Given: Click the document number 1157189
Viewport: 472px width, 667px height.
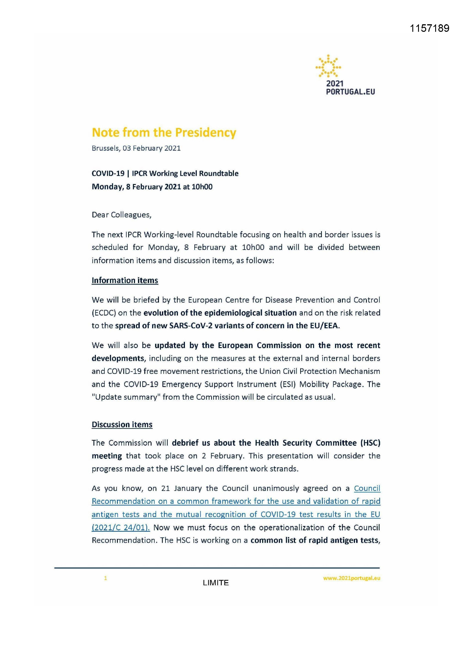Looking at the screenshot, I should tap(429, 28).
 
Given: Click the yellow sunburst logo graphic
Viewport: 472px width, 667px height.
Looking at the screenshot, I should tap(328, 66).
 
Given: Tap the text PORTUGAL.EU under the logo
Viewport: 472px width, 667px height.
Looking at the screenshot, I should tap(350, 92).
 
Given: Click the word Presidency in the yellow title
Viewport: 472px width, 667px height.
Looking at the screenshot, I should tap(205, 132).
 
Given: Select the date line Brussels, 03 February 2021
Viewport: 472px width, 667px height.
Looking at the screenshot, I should tap(136, 148).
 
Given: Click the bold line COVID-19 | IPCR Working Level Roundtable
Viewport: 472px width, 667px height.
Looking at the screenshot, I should tap(165, 173).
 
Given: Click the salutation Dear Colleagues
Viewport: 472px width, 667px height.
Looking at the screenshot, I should tap(122, 215).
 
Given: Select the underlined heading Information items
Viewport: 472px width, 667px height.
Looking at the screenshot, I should tap(125, 280).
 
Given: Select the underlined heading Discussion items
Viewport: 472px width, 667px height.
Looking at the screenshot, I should tap(122, 425).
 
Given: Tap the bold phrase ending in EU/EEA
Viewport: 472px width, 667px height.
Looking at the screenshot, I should tap(227, 326).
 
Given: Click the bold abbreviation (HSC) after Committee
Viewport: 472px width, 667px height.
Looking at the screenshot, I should tap(370, 443).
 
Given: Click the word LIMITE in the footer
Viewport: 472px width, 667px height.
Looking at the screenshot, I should tap(216, 583).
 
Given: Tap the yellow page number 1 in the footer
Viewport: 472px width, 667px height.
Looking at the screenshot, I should tap(106, 578).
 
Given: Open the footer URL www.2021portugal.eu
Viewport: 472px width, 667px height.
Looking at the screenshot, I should tap(351, 578).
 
